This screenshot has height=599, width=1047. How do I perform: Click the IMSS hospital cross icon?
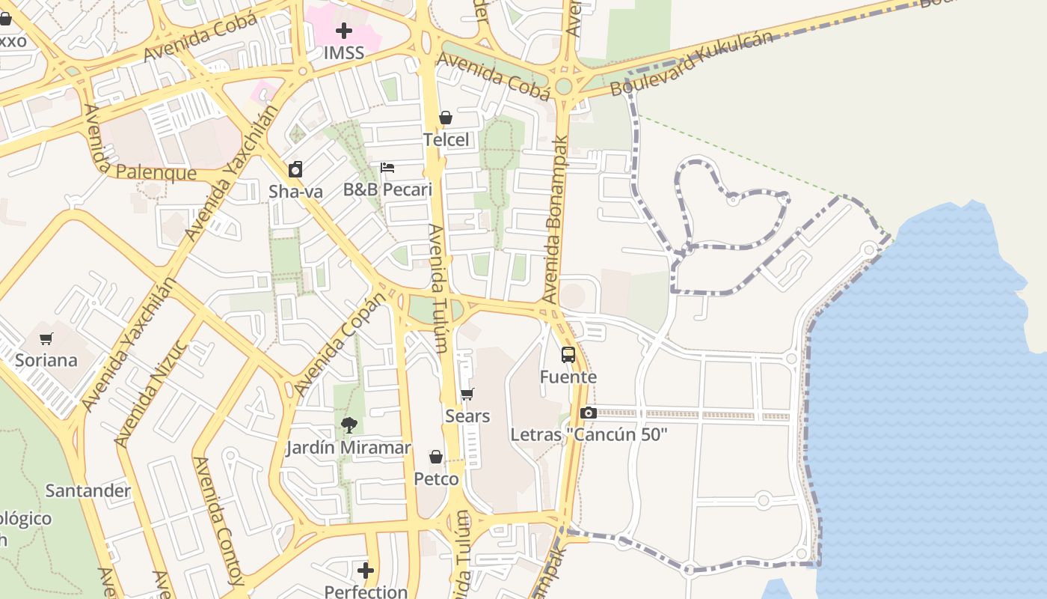click(x=344, y=31)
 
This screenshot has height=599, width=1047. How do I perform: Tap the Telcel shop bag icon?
click(x=446, y=118)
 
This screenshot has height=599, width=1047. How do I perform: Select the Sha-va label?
click(x=296, y=192)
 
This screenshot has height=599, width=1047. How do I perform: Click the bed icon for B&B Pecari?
click(x=387, y=168)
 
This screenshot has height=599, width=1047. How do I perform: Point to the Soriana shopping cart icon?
click(x=46, y=339)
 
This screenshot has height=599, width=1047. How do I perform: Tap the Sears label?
click(x=467, y=416)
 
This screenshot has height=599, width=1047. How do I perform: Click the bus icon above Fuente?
click(x=568, y=355)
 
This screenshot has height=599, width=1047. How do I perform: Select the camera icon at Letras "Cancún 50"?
click(x=588, y=413)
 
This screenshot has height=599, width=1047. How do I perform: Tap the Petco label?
click(x=436, y=478)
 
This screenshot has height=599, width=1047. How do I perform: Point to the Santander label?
click(x=88, y=491)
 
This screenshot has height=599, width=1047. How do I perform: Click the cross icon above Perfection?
click(x=366, y=571)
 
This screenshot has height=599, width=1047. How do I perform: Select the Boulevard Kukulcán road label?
click(x=691, y=63)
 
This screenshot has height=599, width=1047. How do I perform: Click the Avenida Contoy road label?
click(x=218, y=521)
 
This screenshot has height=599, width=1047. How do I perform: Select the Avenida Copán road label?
click(x=340, y=344)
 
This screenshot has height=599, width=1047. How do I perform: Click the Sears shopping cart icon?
click(x=467, y=395)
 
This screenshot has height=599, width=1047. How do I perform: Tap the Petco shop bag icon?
click(x=436, y=457)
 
